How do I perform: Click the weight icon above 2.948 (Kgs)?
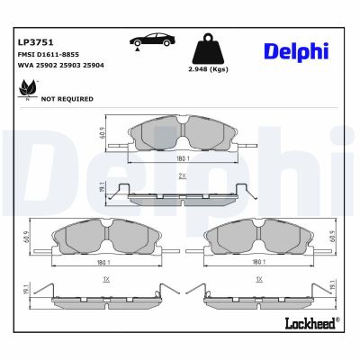pyautogui.click(x=206, y=47)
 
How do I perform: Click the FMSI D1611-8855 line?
pyautogui.click(x=49, y=55)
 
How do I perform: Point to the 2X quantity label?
pyautogui.click(x=182, y=175)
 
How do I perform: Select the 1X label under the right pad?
pyautogui.click(x=258, y=281)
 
